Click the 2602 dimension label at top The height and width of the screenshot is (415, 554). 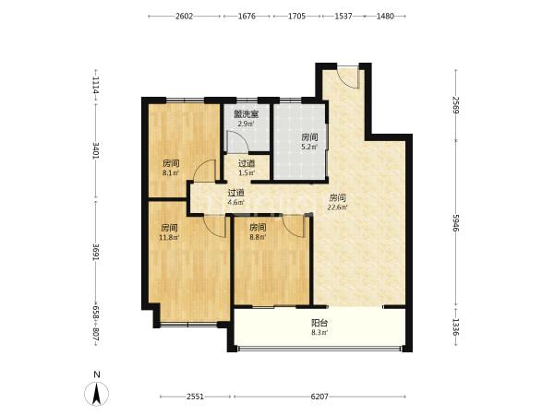tap(184, 17)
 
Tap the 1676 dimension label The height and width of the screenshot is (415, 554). tap(247, 17)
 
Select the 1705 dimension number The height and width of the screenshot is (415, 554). tap(296, 17)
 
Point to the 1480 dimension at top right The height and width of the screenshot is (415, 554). tap(385, 17)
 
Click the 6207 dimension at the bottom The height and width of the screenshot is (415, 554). tap(319, 397)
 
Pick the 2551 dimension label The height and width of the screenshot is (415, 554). tap(195, 397)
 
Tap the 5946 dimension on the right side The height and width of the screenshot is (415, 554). tap(455, 223)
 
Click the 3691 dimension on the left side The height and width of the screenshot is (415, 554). tap(95, 253)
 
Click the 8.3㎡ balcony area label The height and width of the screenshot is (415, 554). tap(319, 332)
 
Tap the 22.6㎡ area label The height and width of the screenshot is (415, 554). tap(337, 207)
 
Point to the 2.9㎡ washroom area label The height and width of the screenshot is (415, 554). tap(246, 124)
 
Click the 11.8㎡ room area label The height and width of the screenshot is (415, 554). tap(169, 237)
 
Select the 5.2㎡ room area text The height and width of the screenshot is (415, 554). tap(309, 147)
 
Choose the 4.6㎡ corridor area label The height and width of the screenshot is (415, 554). tap(235, 203)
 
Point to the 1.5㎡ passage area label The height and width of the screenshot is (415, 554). tap(247, 173)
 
